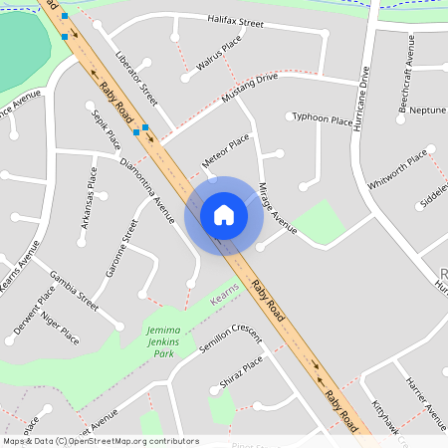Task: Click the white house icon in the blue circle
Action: pos(224,214)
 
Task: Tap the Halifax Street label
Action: pos(235,21)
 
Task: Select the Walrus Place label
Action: pos(219,55)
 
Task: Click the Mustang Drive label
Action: pos(250,91)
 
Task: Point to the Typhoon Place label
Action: pos(324,120)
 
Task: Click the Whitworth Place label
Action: pos(397,168)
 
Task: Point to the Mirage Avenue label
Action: pos(278,210)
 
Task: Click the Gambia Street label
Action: pos(74,286)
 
